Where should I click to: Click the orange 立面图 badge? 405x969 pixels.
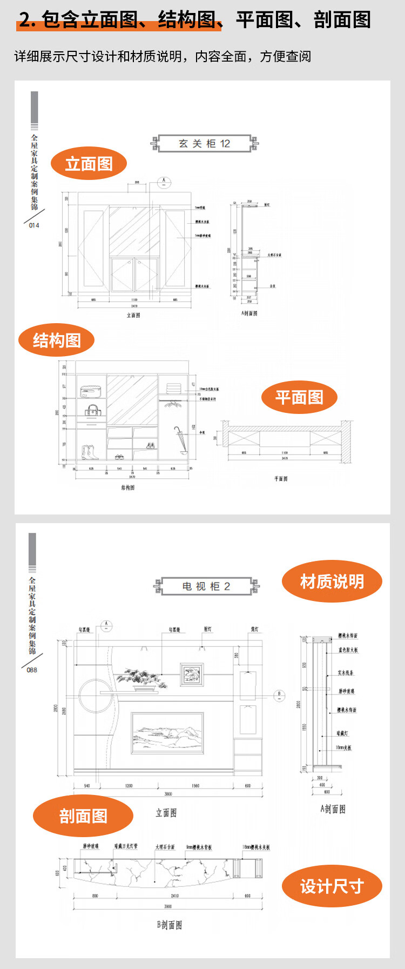(89, 164)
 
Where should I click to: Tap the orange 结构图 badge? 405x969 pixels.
(57, 340)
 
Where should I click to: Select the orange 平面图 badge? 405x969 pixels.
(299, 397)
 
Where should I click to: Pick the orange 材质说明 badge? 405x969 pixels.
(332, 582)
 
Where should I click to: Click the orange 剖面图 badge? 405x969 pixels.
(83, 816)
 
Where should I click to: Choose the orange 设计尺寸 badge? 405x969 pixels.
(332, 886)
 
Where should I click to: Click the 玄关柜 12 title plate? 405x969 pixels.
(205, 143)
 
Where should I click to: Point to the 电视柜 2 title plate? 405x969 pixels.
(206, 586)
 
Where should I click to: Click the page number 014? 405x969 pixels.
(34, 225)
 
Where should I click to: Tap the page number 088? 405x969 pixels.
(32, 670)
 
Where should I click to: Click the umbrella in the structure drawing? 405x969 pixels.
(179, 437)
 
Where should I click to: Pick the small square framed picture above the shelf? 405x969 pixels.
(192, 674)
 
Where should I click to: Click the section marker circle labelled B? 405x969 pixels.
(280, 695)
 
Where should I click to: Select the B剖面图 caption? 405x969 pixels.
(169, 925)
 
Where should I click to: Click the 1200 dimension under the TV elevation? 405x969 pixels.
(129, 785)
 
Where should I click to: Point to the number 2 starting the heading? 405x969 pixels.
(25, 20)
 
